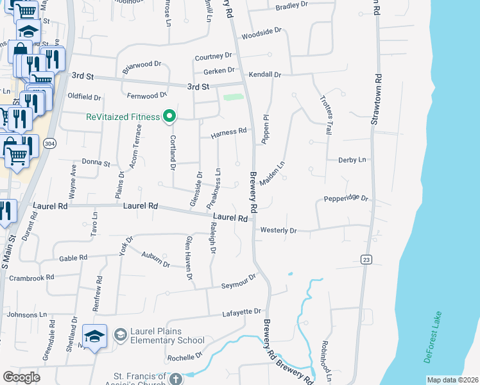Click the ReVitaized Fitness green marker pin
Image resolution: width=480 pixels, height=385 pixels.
click(x=170, y=116)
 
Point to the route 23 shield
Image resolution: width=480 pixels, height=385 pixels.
click(x=366, y=259)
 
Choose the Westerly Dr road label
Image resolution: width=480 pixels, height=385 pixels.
click(x=279, y=230)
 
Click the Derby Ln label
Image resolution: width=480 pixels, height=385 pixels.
click(x=352, y=160)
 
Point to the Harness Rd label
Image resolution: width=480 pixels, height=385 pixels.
click(x=228, y=133)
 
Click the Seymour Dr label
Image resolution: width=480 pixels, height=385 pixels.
click(x=239, y=282)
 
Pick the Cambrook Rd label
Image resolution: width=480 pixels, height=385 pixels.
click(x=31, y=277)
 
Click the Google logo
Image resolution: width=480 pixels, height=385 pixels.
click(x=21, y=377)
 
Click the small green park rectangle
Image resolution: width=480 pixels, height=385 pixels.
click(x=234, y=98)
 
